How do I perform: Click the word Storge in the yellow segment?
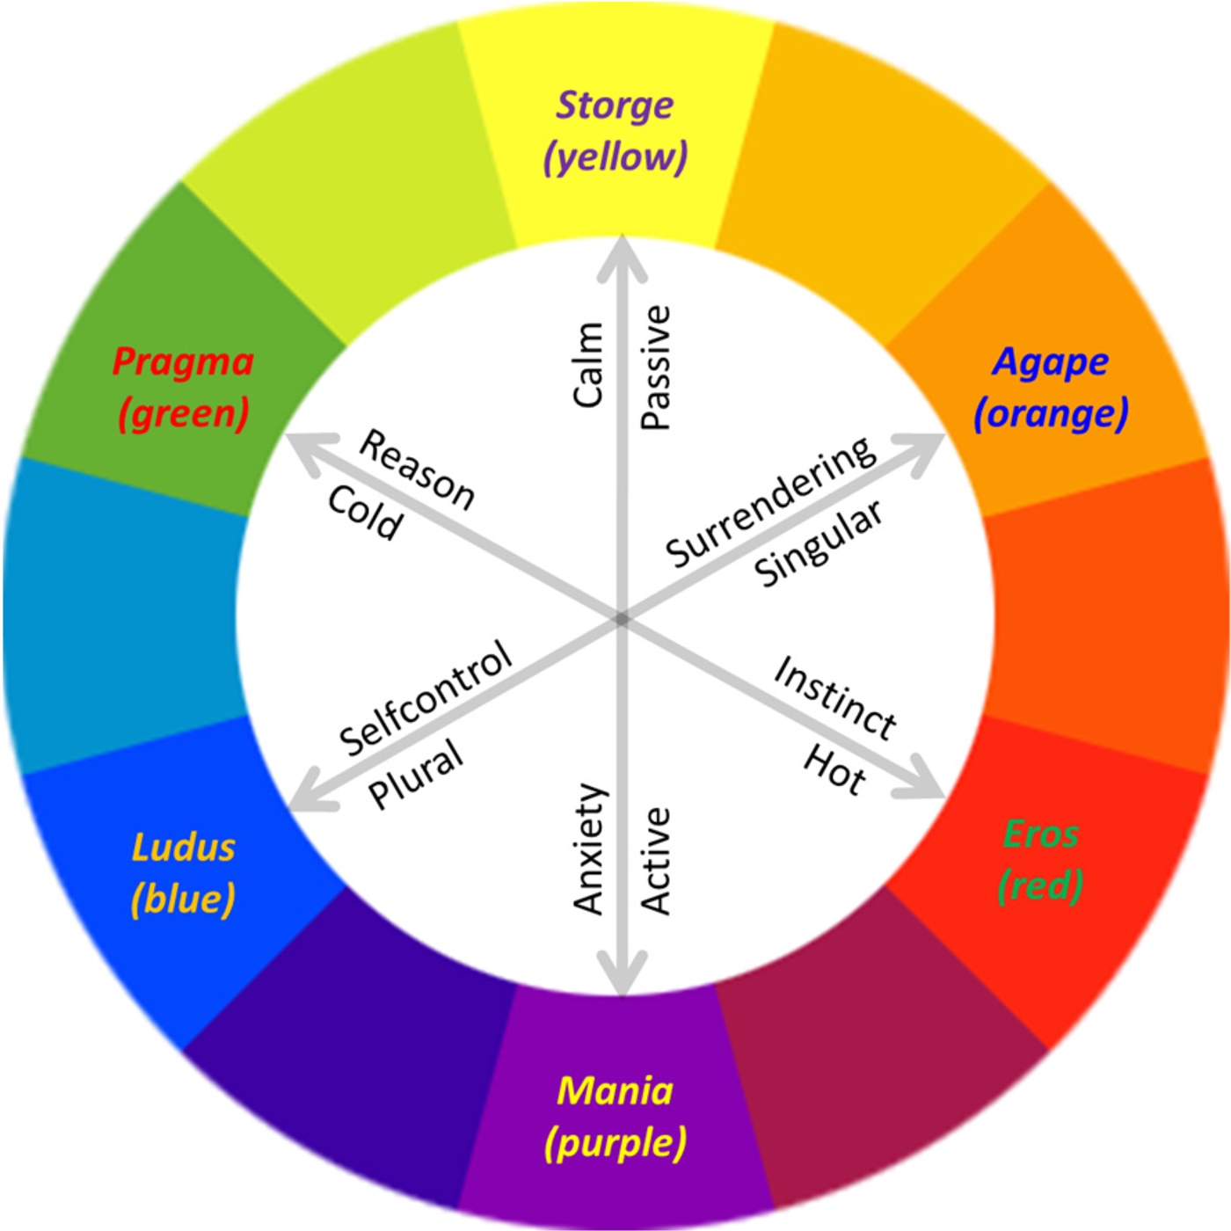[615, 106]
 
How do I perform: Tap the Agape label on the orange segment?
[1050, 361]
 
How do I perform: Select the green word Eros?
[1041, 834]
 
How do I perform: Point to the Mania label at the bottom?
[615, 1091]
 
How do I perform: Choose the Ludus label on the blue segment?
[184, 847]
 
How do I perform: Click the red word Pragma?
[183, 361]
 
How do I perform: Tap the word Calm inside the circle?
[588, 364]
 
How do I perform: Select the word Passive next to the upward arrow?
[656, 368]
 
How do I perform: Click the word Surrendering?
[770, 502]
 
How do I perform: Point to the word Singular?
[818, 543]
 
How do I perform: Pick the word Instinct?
[834, 698]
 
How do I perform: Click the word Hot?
[834, 770]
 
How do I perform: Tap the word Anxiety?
[589, 849]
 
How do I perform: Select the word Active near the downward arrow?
[656, 862]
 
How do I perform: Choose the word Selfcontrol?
[426, 697]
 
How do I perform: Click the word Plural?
[415, 773]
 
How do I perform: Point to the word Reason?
[417, 470]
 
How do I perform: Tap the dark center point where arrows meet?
[622, 619]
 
